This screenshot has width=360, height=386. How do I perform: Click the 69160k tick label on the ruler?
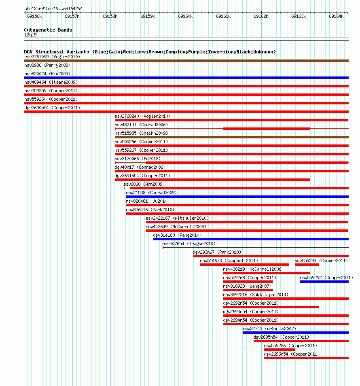tap(185, 16)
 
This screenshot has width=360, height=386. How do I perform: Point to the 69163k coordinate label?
tap(299, 16)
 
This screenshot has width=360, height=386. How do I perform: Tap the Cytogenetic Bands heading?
tap(48, 30)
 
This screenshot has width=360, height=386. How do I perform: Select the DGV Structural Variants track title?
tap(150, 52)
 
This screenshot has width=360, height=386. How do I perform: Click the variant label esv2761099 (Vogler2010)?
tap(52, 57)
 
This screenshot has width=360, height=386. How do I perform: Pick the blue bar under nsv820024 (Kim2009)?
tap(186, 78)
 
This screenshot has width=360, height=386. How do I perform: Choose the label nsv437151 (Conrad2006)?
tap(141, 125)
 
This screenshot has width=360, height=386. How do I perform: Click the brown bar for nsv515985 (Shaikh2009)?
tap(231, 137)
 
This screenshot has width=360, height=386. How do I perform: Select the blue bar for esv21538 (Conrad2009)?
tap(237, 197)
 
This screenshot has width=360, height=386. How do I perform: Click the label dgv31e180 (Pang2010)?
tap(177, 235)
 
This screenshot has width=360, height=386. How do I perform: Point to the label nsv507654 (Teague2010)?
tap(189, 244)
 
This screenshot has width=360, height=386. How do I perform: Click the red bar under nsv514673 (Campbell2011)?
tap(244, 265)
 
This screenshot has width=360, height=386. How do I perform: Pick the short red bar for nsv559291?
tap(307, 265)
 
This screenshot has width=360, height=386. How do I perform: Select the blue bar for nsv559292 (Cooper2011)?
tap(324, 282)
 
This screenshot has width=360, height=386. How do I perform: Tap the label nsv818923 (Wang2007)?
tap(247, 286)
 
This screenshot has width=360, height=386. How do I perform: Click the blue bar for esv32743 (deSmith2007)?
tap(296, 333)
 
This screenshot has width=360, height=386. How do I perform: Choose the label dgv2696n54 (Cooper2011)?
tap(292, 354)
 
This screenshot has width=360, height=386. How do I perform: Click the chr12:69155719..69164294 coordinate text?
tap(53, 8)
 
